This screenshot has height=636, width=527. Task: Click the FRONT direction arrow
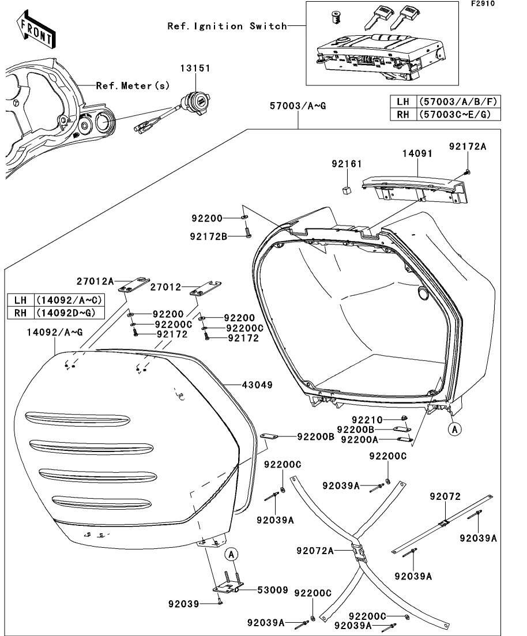click(36, 32)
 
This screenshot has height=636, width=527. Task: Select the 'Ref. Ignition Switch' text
click(227, 26)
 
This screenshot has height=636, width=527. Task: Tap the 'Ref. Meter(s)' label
click(133, 86)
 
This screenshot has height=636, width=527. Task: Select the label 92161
click(346, 164)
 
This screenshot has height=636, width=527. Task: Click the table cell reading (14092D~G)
click(65, 313)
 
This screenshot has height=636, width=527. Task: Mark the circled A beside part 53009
click(231, 555)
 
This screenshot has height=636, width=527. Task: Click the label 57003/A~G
click(298, 106)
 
